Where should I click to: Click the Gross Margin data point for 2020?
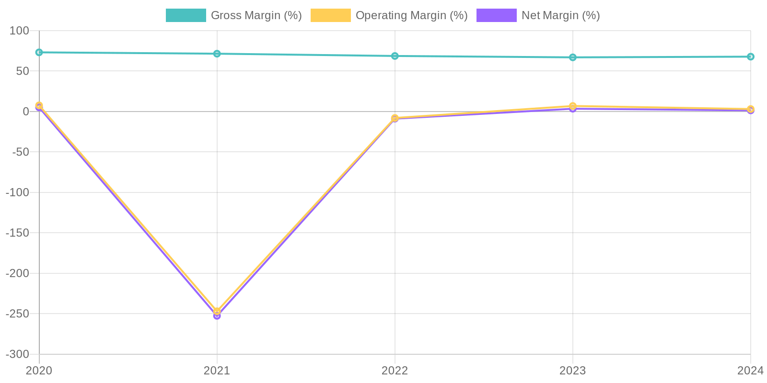[x=39, y=52]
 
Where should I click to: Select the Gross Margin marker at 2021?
[x=217, y=54]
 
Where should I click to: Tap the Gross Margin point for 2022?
[x=395, y=56]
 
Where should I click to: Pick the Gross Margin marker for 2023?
[x=573, y=57]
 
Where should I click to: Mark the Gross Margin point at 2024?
[x=750, y=56]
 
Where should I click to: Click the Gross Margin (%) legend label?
[x=256, y=15]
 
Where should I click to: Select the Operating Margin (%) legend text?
[x=411, y=15]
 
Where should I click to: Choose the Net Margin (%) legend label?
[x=560, y=15]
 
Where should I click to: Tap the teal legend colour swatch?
[x=186, y=15]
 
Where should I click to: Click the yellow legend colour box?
[x=331, y=15]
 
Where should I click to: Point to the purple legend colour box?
[x=496, y=15]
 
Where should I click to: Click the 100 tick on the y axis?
[x=20, y=31]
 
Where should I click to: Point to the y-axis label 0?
[x=26, y=112]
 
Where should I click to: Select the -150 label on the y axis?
[x=17, y=233]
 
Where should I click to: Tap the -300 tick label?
[x=17, y=354]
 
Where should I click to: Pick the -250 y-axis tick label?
[x=17, y=314]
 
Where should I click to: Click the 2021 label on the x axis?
[x=217, y=370]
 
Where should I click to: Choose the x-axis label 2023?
[x=573, y=370]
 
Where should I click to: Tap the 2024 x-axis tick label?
[x=750, y=370]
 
